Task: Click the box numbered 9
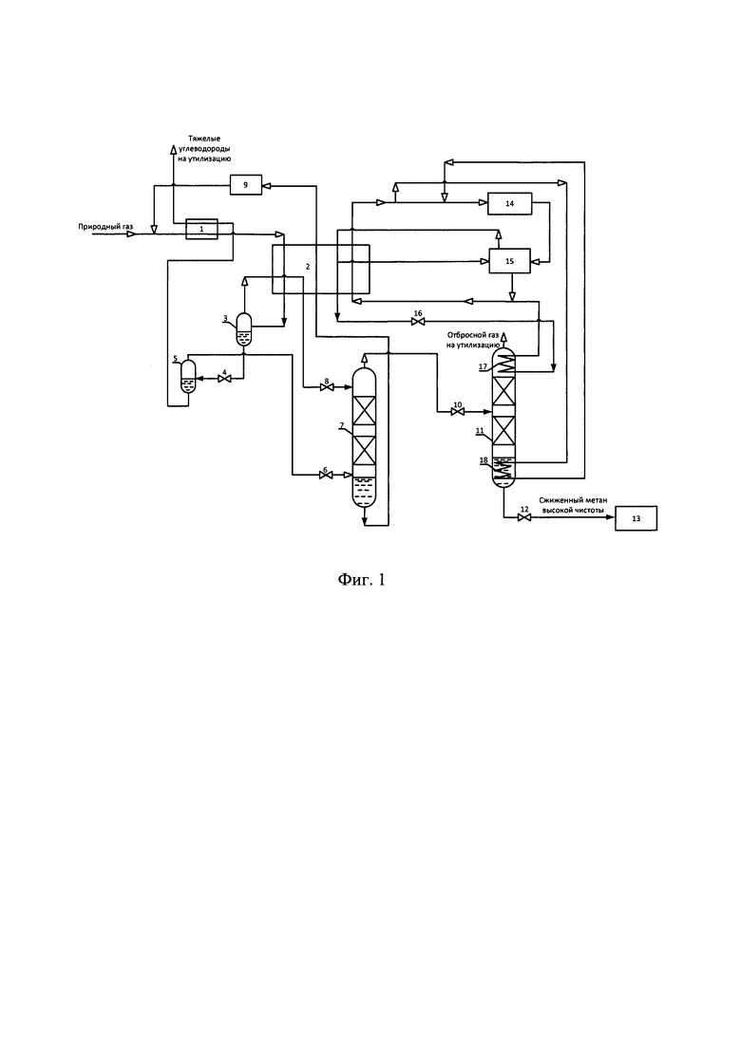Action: pos(246,185)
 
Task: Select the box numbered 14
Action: pos(510,204)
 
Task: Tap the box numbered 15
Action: pos(510,261)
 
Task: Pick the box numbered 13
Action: pos(636,518)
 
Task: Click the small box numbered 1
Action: pos(201,229)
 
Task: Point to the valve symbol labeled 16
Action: pos(419,322)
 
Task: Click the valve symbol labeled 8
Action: pos(327,387)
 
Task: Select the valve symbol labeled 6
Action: pos(327,476)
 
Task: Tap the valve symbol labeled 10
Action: pos(458,413)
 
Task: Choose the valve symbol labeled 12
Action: pos(524,517)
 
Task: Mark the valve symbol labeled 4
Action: pos(225,380)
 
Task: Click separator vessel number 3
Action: pos(244,329)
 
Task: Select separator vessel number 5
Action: pos(188,376)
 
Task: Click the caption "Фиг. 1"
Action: pos(362,580)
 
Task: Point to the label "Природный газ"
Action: pos(105,227)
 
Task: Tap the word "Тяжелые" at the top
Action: pos(204,139)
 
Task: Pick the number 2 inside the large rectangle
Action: pos(308,267)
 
